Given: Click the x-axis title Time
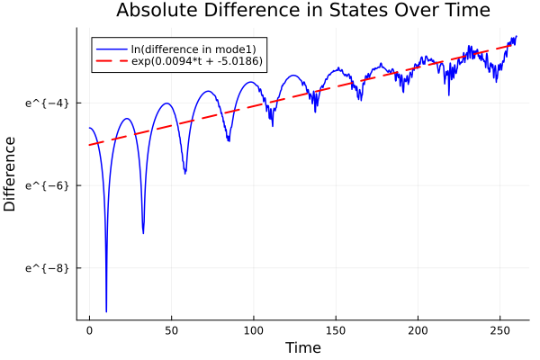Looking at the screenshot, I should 302,347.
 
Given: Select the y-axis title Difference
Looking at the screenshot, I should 11,174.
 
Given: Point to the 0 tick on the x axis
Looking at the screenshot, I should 89,330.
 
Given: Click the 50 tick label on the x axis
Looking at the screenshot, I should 172,330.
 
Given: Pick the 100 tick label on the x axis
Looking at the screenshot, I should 254,330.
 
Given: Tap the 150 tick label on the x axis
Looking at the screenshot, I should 336,330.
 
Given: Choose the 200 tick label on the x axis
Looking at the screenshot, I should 418,330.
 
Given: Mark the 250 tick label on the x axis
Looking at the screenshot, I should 499,330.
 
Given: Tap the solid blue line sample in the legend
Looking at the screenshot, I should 111,48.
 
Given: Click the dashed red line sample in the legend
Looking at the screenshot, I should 111,62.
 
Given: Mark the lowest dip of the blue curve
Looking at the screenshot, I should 106,310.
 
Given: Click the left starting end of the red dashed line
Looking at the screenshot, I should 90,145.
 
